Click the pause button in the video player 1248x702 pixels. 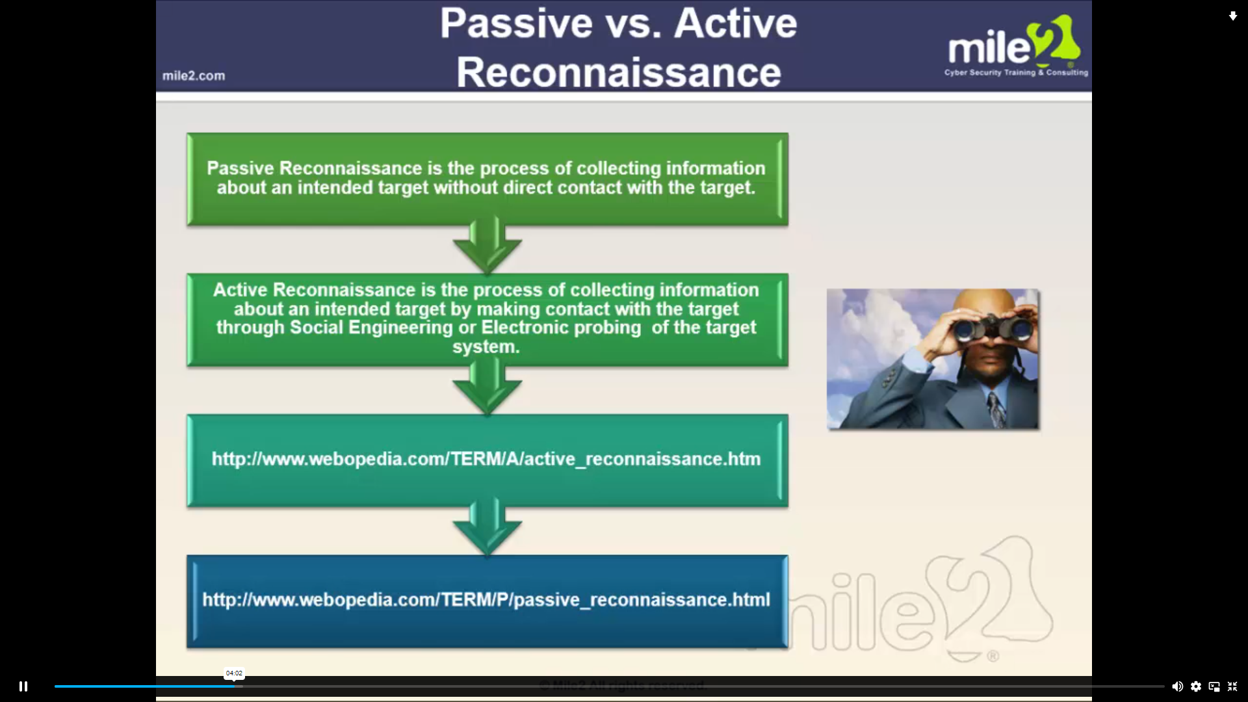(x=23, y=686)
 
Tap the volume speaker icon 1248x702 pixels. (x=1177, y=686)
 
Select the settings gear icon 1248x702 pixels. (x=1196, y=686)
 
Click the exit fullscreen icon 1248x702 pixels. (x=1232, y=686)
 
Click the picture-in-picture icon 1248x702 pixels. (x=1214, y=686)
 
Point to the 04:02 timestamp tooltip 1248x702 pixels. (x=234, y=673)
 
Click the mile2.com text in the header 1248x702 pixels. (x=194, y=75)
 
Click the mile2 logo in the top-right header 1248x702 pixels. (x=1016, y=45)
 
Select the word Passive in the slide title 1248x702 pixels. (x=516, y=23)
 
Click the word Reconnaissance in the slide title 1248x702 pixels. (x=619, y=71)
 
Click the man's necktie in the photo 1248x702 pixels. (x=995, y=409)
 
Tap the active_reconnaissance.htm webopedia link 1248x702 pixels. (x=486, y=459)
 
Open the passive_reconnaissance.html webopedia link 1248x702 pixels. (x=486, y=599)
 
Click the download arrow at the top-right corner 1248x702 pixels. (x=1233, y=16)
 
